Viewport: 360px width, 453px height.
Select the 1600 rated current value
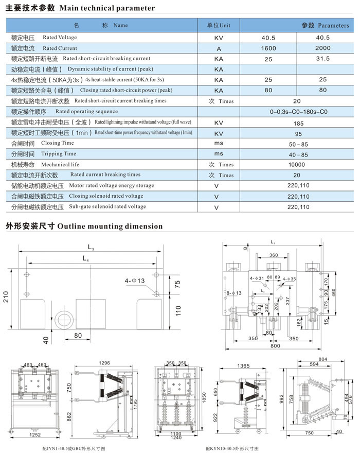(x=268, y=48)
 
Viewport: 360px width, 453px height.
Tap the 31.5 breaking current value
(x=322, y=59)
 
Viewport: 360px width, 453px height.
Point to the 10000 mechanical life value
(x=297, y=165)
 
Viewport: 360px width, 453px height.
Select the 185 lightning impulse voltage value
(x=298, y=124)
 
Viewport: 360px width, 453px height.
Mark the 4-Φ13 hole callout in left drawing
(x=135, y=281)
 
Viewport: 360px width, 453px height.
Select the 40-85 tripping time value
(x=298, y=154)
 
